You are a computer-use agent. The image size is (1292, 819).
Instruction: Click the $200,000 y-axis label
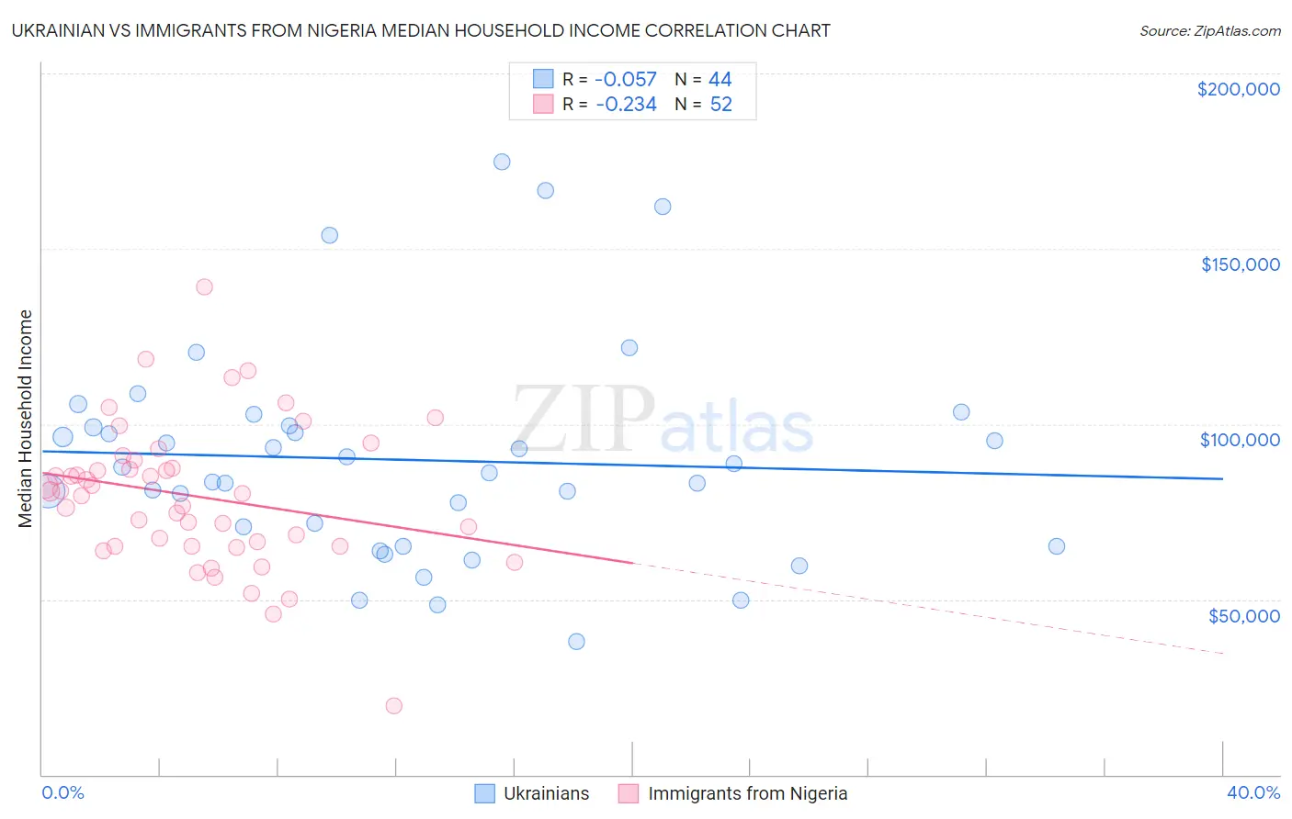tap(1238, 89)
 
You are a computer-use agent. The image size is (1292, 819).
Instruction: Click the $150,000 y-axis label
tap(1240, 264)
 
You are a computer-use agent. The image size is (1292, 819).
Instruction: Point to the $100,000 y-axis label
tap(1240, 440)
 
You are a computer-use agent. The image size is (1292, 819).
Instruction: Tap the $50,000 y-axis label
tap(1243, 616)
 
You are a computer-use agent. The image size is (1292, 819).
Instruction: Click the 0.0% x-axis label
tap(62, 792)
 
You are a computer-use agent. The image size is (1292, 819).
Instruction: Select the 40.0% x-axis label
tap(1253, 792)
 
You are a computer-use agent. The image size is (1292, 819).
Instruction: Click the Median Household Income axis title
tap(26, 419)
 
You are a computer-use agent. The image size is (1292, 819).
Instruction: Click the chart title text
tap(421, 30)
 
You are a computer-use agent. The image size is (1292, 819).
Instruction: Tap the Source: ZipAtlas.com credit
tap(1209, 30)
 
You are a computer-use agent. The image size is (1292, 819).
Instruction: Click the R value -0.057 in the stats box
tap(626, 80)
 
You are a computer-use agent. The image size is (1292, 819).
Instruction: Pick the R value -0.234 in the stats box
tap(626, 105)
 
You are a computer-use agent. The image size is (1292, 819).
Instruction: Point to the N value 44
tap(720, 80)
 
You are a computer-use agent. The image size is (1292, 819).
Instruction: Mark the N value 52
tap(720, 105)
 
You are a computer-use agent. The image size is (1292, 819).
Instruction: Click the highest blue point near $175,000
tap(502, 162)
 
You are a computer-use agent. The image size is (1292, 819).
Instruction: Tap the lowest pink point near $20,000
tap(394, 706)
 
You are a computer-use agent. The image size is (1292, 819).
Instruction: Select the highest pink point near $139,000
tap(204, 287)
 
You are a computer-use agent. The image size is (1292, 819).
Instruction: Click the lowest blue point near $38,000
tap(576, 642)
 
